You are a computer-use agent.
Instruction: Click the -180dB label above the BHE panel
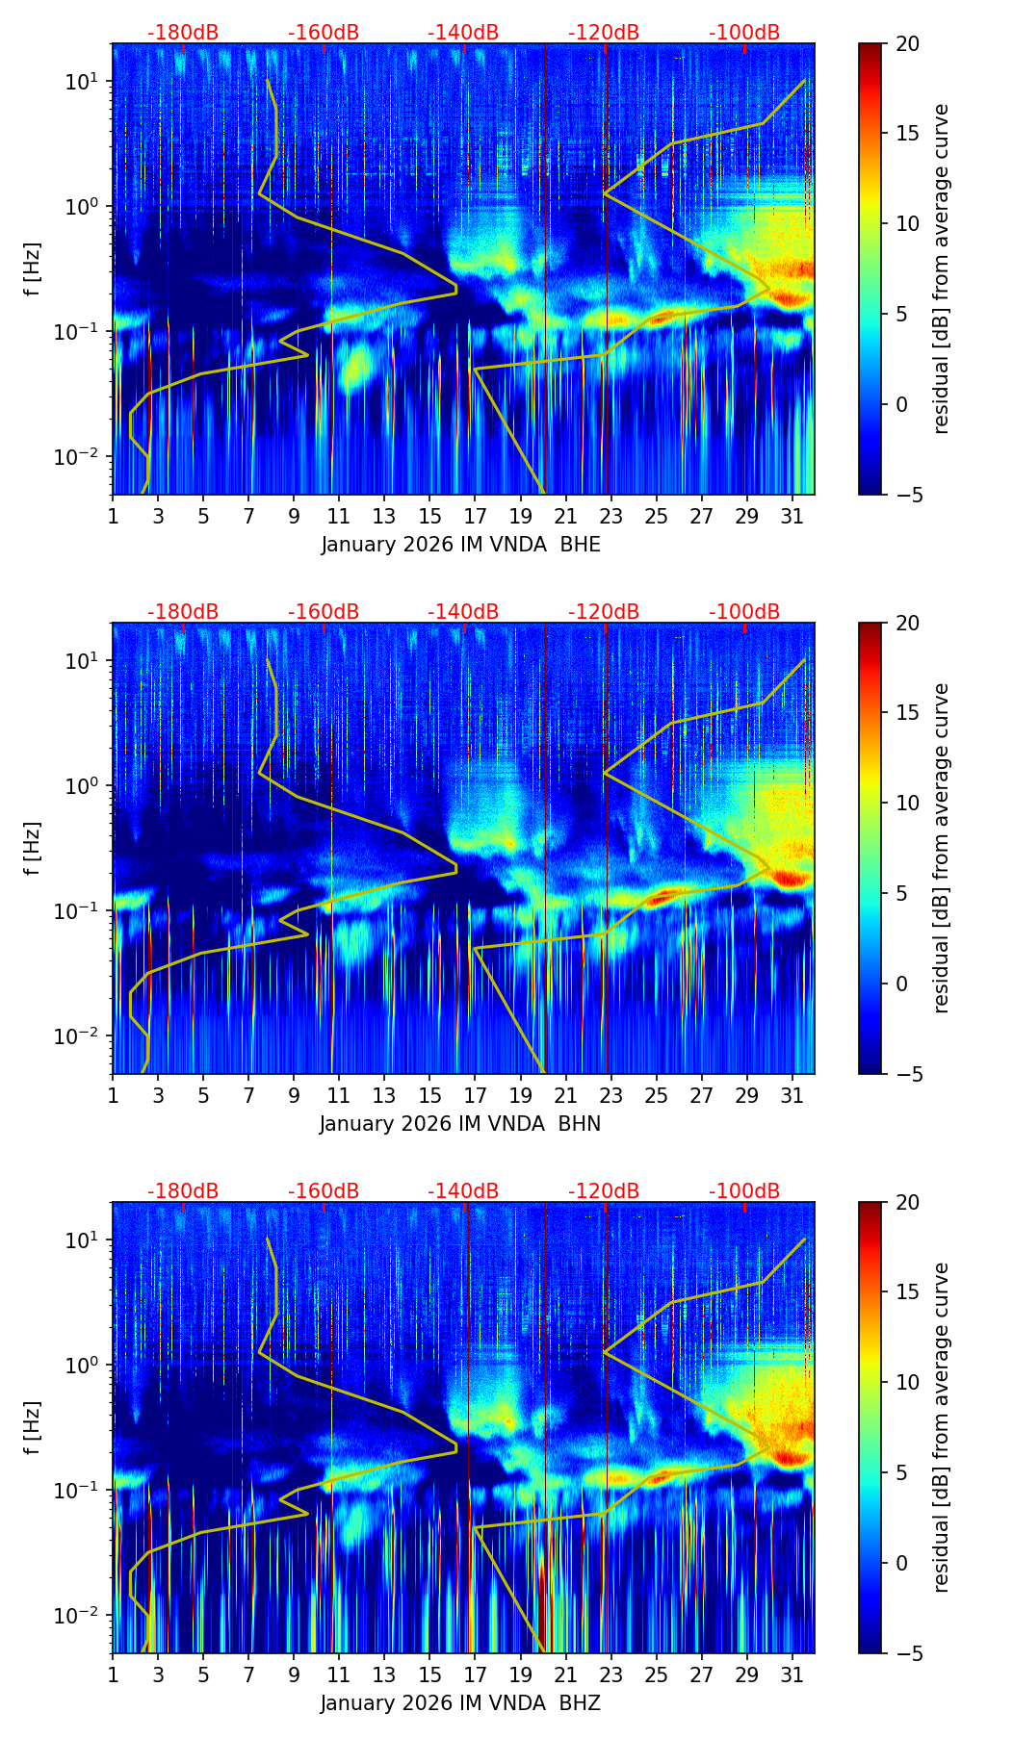(183, 33)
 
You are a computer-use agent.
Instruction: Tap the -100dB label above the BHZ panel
(744, 1191)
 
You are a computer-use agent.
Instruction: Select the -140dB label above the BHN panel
(463, 612)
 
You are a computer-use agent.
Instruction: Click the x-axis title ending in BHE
(460, 545)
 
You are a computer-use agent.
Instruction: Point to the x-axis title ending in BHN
(460, 1124)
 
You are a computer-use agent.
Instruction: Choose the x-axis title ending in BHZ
(460, 1703)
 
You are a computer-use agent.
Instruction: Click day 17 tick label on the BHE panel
(476, 516)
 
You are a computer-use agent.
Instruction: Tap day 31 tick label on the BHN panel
(792, 1095)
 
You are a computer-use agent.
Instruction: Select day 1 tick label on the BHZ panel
(113, 1674)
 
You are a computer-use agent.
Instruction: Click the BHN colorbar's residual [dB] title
(942, 848)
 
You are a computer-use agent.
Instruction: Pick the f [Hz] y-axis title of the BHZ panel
(33, 1427)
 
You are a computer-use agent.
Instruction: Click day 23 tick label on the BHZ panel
(611, 1674)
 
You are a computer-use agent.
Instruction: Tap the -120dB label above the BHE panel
(604, 33)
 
